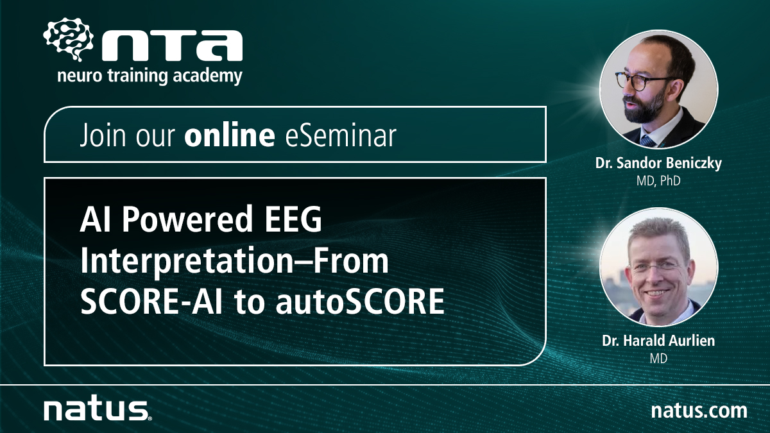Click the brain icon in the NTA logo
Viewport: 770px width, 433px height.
point(69,39)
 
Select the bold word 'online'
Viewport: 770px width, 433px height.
point(229,135)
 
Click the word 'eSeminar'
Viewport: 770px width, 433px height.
point(341,135)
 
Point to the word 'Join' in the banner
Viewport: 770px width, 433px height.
point(102,135)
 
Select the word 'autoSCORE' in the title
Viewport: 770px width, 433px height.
point(360,301)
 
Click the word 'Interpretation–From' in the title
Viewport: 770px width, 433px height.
point(234,262)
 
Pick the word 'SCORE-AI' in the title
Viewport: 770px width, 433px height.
point(151,301)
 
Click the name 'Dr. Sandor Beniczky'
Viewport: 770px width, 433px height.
point(658,163)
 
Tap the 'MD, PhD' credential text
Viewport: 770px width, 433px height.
point(658,181)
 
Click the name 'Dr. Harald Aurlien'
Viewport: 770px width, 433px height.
point(658,341)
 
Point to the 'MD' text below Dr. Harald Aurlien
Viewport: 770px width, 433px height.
point(658,359)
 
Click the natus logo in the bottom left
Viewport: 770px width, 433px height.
point(98,410)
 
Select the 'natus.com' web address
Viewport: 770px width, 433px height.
point(699,411)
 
